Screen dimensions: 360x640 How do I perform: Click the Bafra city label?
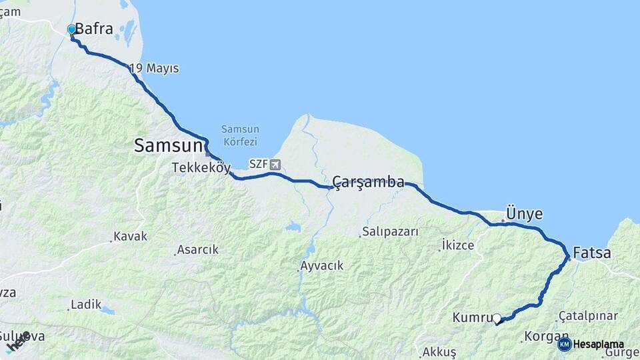94,29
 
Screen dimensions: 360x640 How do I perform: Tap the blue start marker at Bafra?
72,29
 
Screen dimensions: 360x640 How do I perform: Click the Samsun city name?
168,145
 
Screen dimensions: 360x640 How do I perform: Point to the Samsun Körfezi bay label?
241,135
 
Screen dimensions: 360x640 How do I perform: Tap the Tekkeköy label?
201,167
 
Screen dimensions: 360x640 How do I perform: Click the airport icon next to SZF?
275,164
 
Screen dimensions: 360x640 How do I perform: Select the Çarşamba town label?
369,181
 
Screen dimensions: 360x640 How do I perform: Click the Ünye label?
524,214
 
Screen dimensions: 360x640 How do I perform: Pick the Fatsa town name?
592,253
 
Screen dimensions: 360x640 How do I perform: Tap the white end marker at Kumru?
497,319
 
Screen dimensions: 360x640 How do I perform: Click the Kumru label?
472,318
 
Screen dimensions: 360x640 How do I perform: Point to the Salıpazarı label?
390,232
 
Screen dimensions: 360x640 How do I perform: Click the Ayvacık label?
321,265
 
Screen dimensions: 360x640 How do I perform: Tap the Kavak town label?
130,236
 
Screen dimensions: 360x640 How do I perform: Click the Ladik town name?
86,305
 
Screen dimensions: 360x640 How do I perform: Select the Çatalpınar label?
589,315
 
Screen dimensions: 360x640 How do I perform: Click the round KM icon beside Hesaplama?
564,344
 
